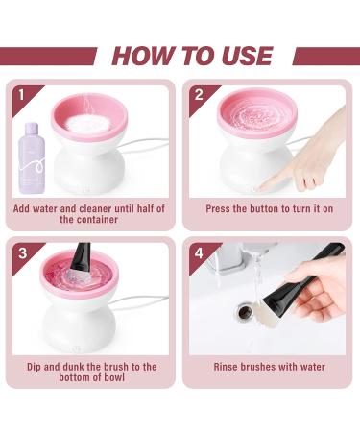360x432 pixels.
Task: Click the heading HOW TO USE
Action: point(192,55)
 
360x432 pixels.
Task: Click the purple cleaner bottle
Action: point(33,160)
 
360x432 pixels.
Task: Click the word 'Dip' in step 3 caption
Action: point(36,367)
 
